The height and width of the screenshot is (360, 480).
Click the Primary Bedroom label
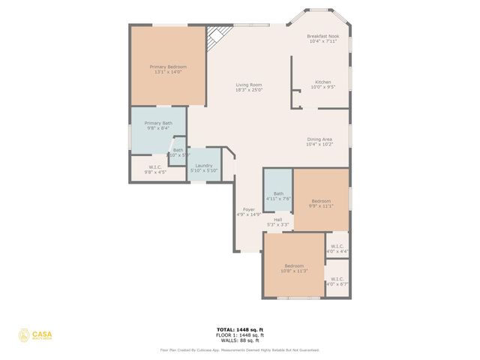[x=168, y=67]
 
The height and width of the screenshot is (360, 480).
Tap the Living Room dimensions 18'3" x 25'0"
[x=248, y=90]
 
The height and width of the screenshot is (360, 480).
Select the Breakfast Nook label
[x=324, y=36]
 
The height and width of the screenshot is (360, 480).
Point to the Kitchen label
[x=322, y=82]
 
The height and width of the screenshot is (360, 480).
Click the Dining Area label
[x=319, y=139]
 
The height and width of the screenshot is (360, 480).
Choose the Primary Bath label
[x=158, y=123]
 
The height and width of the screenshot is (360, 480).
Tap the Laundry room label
[x=204, y=166]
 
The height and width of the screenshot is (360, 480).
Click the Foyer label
[x=248, y=209]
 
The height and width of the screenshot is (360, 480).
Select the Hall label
[x=277, y=220]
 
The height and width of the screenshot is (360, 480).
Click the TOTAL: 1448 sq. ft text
[x=239, y=328]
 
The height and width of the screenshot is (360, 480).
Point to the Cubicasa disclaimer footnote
[x=239, y=349]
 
